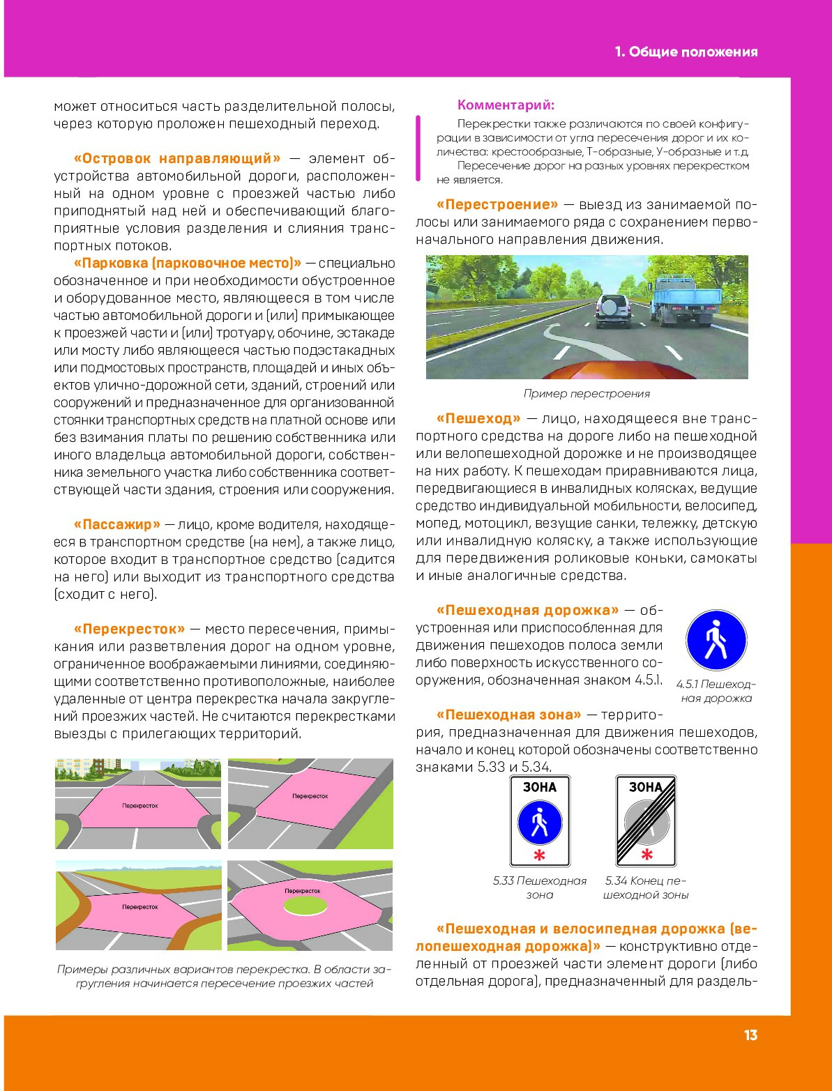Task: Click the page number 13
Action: (x=750, y=1035)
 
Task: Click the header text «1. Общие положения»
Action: (x=686, y=52)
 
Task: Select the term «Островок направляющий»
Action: (x=177, y=159)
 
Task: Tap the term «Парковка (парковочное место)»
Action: (x=187, y=264)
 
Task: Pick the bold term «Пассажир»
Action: (x=117, y=525)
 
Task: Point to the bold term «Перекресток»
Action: (x=130, y=630)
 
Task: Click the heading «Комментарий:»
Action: (x=506, y=105)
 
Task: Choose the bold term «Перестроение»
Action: (x=497, y=205)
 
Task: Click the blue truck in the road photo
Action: (x=686, y=300)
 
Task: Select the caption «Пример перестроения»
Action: (x=587, y=394)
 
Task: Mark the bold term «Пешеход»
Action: (x=478, y=419)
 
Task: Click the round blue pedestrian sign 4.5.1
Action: (x=716, y=641)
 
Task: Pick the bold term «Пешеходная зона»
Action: (x=508, y=715)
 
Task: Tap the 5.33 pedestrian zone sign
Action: (x=540, y=821)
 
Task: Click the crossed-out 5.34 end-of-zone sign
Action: (x=646, y=821)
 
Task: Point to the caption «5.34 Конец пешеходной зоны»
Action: (x=646, y=888)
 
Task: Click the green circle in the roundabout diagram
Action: (x=305, y=906)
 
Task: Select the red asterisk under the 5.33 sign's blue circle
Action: (x=539, y=855)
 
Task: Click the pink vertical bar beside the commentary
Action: (x=418, y=148)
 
